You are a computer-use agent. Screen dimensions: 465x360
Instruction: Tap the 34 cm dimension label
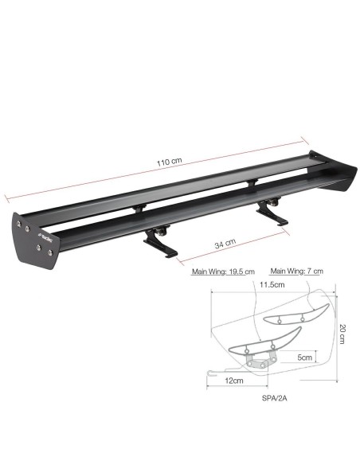coord(225,242)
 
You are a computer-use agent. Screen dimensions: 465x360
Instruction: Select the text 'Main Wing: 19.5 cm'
coord(222,271)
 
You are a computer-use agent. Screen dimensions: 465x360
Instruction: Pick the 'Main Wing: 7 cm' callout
coord(296,271)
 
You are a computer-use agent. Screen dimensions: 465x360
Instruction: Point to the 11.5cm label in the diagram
coord(272,284)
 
